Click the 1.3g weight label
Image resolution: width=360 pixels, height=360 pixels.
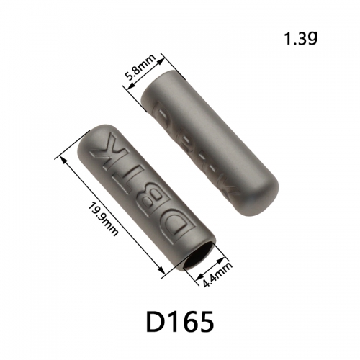301,39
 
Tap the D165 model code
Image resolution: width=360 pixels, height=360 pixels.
180,321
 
